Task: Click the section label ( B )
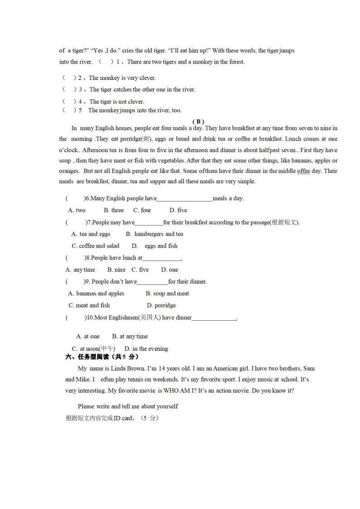point(198,122)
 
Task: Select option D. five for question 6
point(178,210)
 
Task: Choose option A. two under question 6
point(77,210)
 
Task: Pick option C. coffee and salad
point(95,246)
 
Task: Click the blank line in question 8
point(162,258)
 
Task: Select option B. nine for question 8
point(116,269)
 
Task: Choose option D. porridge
point(161,305)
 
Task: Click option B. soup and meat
point(167,294)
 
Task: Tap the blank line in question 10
point(214,318)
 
